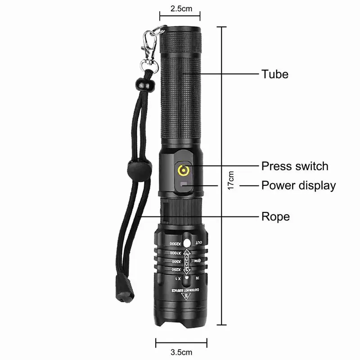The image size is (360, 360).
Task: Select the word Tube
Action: pyautogui.click(x=275, y=74)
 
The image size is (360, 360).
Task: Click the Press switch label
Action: pyautogui.click(x=295, y=166)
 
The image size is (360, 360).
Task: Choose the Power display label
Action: pyautogui.click(x=298, y=185)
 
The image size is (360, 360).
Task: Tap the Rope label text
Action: pyautogui.click(x=275, y=217)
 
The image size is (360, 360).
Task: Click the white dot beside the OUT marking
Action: pyautogui.click(x=188, y=243)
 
